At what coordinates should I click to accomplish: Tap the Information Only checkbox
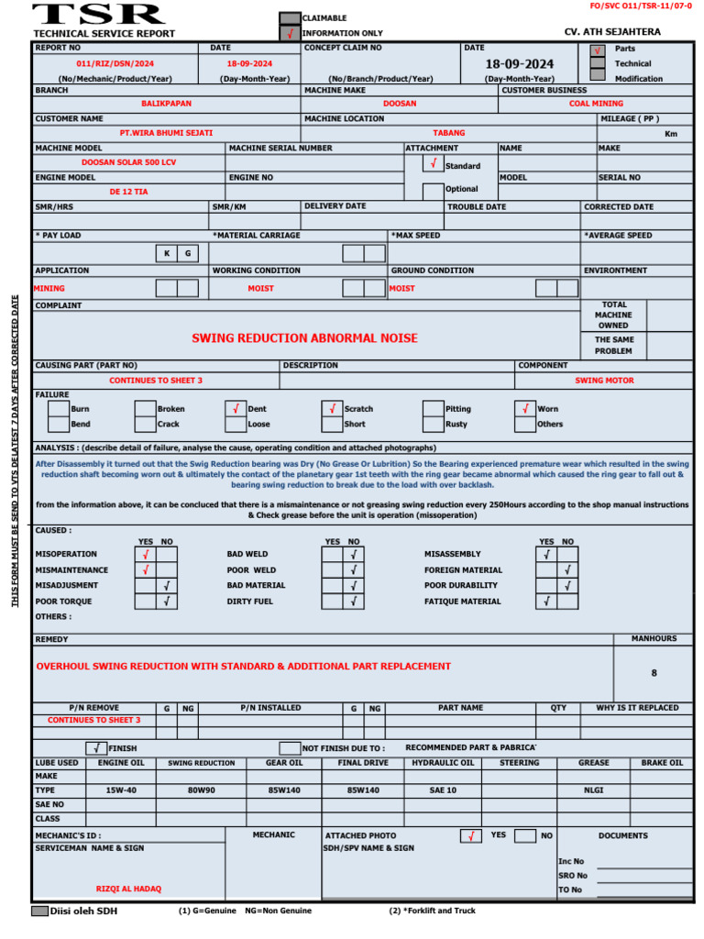point(289,33)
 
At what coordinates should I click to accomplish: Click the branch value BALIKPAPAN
point(167,104)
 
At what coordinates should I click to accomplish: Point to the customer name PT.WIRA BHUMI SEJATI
point(166,133)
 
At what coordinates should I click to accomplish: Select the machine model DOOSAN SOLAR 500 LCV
point(128,162)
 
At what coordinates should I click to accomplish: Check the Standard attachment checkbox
point(433,164)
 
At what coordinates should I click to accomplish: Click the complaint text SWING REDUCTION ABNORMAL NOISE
point(304,338)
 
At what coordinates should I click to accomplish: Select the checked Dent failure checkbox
point(236,409)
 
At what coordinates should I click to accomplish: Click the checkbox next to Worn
point(524,409)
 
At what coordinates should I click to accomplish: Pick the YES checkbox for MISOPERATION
point(146,554)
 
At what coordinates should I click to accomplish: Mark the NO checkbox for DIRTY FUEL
point(354,602)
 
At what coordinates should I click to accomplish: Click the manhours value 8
point(654,673)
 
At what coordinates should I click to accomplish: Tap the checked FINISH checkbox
point(96,748)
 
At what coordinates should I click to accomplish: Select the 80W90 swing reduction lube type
point(201,790)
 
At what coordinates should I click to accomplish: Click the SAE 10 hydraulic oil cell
point(443,790)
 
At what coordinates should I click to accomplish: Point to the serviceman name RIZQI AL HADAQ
point(128,889)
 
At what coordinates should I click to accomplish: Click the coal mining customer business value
point(595,104)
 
